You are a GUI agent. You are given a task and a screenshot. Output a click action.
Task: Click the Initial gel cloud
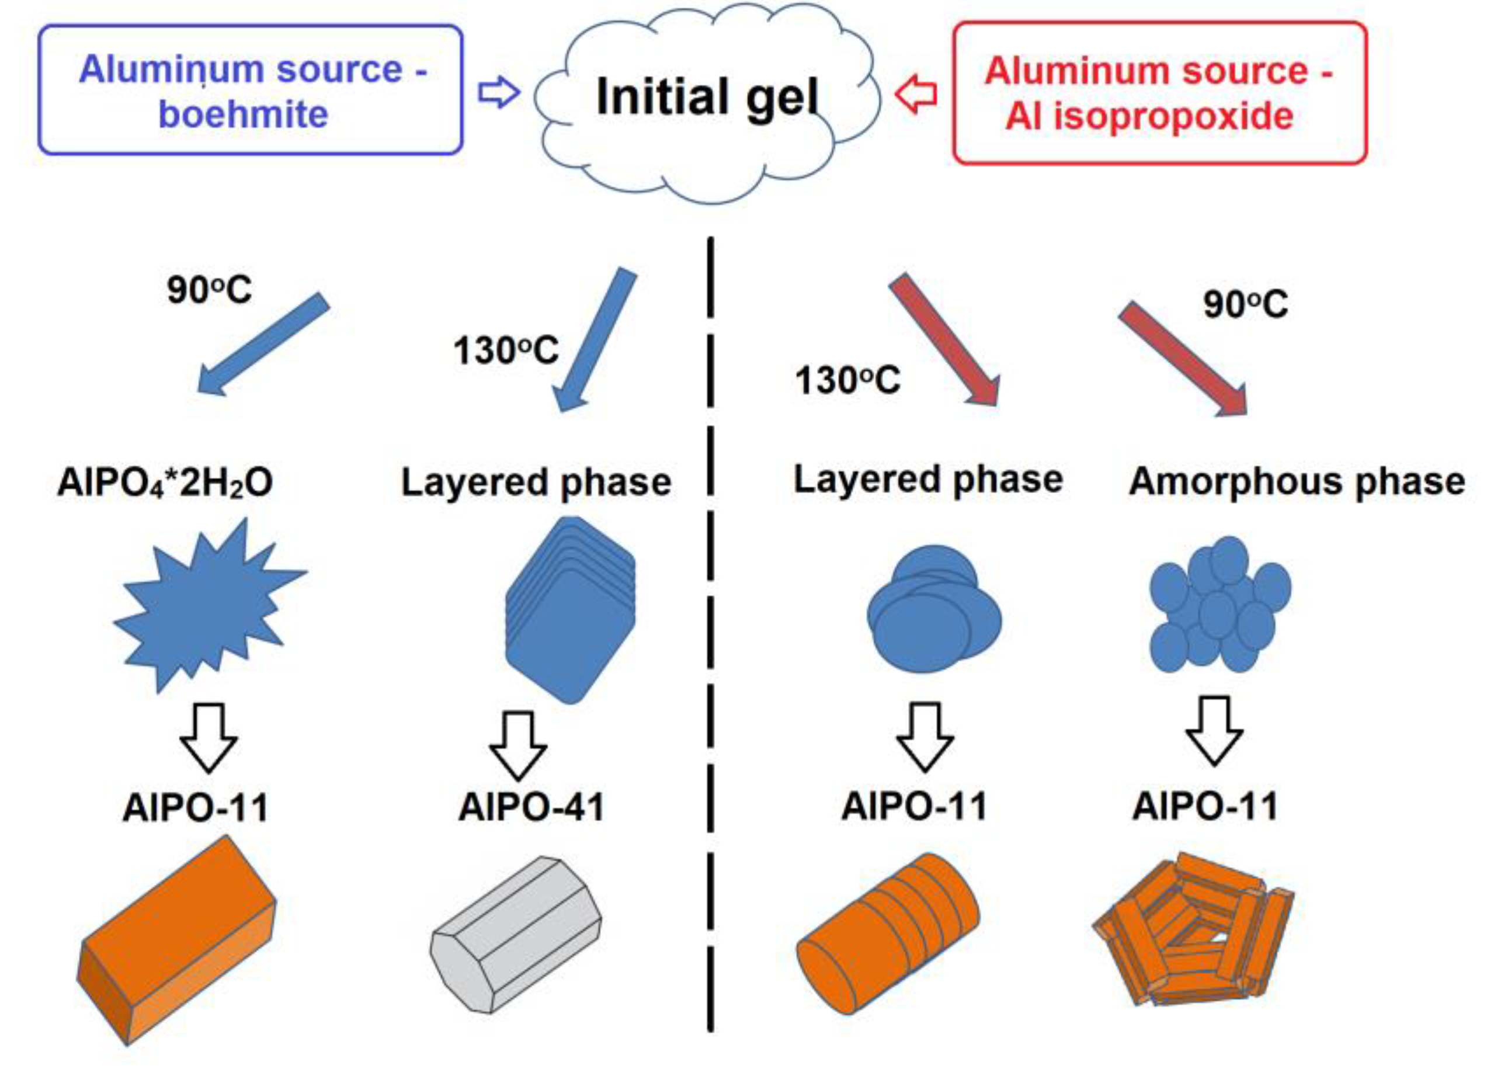click(x=707, y=99)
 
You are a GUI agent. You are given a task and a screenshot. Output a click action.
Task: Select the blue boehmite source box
click(x=250, y=90)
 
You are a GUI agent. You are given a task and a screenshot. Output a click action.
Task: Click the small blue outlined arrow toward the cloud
click(x=498, y=93)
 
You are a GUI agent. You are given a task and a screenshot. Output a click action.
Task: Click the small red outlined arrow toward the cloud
click(x=917, y=95)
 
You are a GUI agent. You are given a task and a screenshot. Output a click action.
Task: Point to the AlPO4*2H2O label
click(x=165, y=483)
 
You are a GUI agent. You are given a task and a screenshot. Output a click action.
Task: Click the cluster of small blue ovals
click(x=1219, y=606)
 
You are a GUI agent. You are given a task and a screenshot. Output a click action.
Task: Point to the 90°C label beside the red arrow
click(x=1245, y=305)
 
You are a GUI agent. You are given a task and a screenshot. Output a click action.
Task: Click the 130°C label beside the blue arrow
click(x=505, y=350)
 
